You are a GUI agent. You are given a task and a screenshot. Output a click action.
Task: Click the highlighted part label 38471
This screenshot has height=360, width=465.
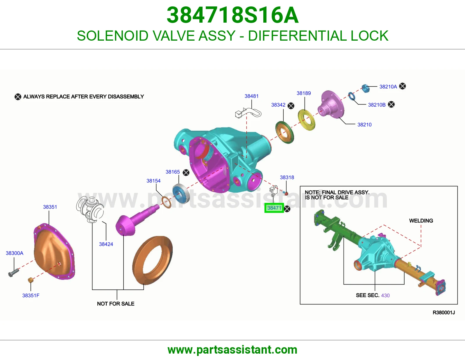click(x=274, y=208)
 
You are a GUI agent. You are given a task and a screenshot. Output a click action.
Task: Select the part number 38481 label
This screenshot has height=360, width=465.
click(x=251, y=96)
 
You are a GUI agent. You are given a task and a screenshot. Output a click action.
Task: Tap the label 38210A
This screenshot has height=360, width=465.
click(x=388, y=87)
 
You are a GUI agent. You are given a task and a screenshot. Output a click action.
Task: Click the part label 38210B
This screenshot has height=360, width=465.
click(x=377, y=105)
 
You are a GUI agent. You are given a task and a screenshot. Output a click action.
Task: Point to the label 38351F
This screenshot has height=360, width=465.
click(x=31, y=296)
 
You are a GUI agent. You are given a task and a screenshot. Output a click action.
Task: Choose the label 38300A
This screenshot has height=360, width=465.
click(x=15, y=253)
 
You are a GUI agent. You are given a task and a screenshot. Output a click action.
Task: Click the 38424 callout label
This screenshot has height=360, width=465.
click(x=106, y=244)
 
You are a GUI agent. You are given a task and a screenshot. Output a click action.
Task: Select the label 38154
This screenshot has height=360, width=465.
click(x=153, y=181)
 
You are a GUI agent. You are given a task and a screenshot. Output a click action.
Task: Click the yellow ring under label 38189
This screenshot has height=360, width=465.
click(x=306, y=120)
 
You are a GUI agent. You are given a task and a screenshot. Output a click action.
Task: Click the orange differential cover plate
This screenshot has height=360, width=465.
click(x=54, y=251)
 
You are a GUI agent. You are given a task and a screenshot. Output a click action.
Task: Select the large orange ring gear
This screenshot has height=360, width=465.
click(x=152, y=260)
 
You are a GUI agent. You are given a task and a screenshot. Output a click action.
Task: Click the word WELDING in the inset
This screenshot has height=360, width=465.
click(x=421, y=221)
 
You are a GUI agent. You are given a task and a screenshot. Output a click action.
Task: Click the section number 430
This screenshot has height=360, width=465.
click(x=385, y=296)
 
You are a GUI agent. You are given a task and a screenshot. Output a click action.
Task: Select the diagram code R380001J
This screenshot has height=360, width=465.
click(x=443, y=313)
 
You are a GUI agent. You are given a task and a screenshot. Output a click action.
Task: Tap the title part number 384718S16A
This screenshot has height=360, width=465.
click(x=233, y=15)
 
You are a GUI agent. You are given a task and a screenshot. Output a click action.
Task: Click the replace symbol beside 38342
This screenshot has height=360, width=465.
click(x=291, y=106)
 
